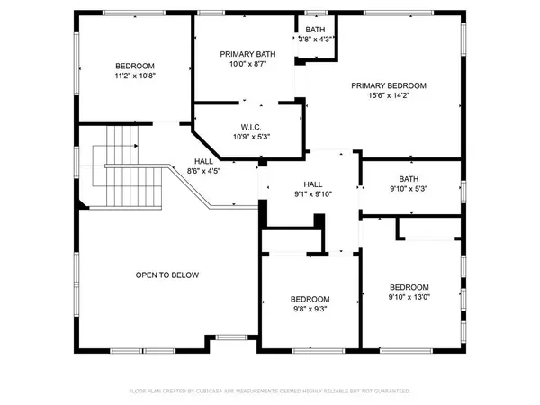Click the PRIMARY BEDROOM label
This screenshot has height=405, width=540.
(x=389, y=85)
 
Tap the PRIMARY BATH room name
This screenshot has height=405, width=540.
(x=247, y=54)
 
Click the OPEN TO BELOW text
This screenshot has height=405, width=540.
(x=167, y=275)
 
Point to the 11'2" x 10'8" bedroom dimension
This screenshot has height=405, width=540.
(x=135, y=77)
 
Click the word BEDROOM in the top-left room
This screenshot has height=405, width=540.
(x=135, y=67)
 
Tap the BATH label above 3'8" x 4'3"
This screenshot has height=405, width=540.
(x=316, y=29)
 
